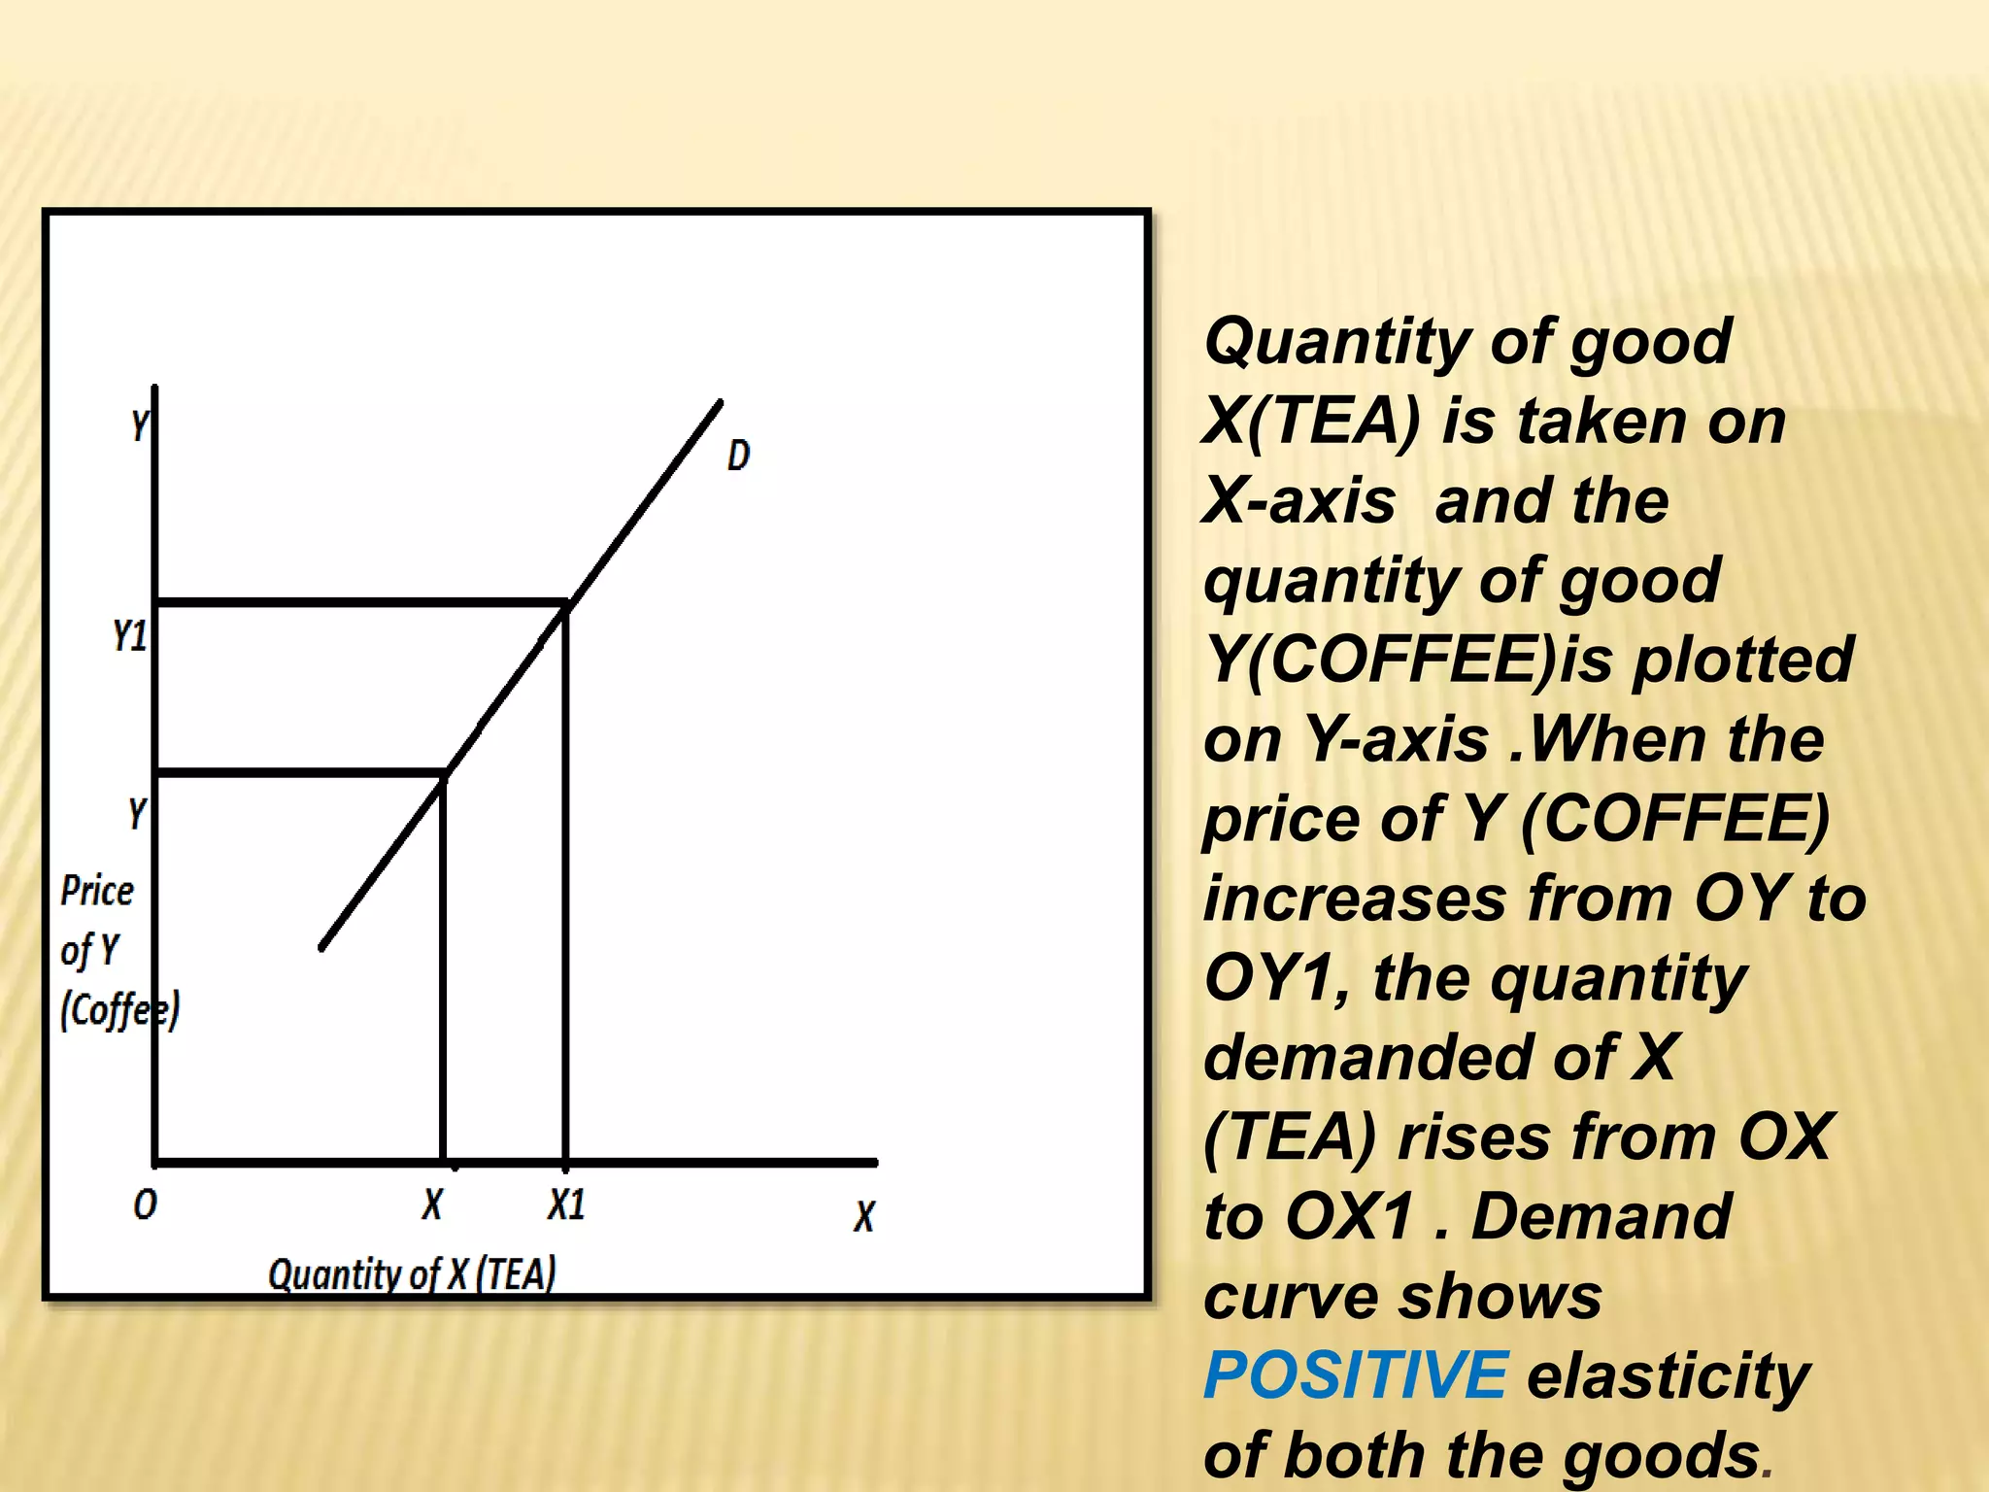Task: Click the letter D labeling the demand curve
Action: pos(738,455)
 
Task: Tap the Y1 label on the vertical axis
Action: pos(129,636)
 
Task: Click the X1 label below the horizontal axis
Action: pos(566,1205)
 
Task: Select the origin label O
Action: pos(145,1205)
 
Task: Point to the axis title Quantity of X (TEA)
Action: pos(412,1274)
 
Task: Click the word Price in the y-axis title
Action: pos(97,891)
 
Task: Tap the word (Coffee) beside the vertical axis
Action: pos(119,1011)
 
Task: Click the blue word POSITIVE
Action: pos(1355,1375)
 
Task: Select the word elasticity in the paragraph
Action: pos(1669,1375)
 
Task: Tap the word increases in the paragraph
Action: pos(1355,899)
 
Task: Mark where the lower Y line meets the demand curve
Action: pos(444,774)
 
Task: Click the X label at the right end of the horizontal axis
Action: pos(864,1216)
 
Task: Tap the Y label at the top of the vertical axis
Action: pos(140,424)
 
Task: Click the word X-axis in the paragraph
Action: pos(1299,501)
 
